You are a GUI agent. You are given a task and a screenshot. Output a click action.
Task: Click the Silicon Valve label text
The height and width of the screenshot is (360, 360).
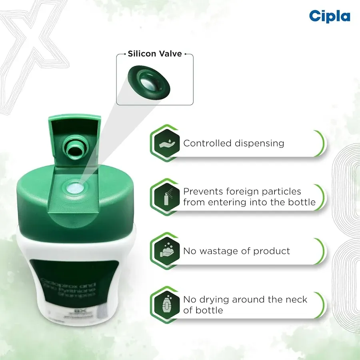pyautogui.click(x=155, y=54)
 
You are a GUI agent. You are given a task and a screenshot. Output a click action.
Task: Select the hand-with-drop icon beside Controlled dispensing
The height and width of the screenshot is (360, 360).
pyautogui.click(x=166, y=143)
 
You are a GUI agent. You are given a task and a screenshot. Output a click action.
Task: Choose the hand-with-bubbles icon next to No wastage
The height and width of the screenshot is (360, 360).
pyautogui.click(x=166, y=251)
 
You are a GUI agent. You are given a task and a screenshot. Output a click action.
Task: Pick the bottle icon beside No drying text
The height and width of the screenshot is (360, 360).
pyautogui.click(x=166, y=304)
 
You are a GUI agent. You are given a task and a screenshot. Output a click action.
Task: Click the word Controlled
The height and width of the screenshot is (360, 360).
pyautogui.click(x=206, y=143)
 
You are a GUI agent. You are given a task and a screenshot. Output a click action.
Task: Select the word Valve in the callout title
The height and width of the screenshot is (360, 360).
pyautogui.click(x=169, y=54)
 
